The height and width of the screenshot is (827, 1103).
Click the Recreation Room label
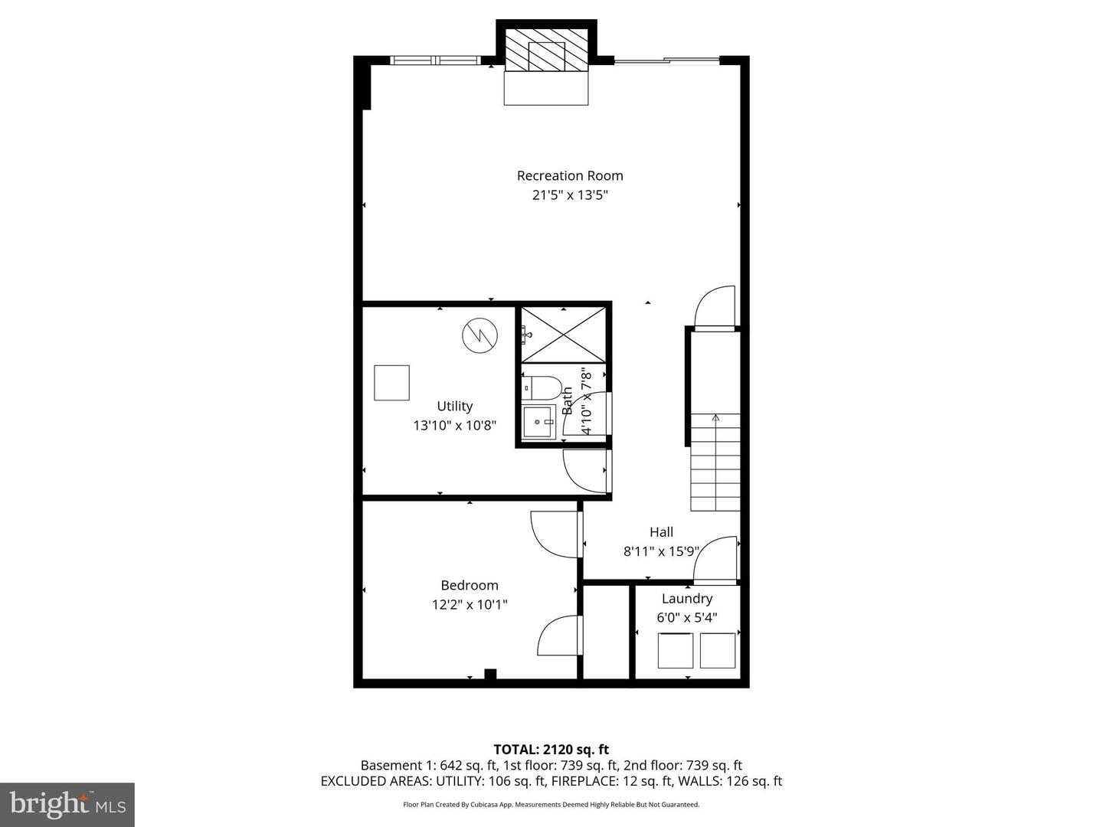coord(570,175)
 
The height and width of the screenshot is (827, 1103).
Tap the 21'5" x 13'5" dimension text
coord(570,195)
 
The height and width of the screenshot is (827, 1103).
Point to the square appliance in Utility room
coord(391,383)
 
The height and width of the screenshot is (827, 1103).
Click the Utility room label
coord(454,406)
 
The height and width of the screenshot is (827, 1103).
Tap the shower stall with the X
coord(564,335)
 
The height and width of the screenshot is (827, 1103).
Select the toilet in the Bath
coord(542,387)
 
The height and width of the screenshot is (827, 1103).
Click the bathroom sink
coord(539,422)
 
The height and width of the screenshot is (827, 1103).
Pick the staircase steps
coord(715,463)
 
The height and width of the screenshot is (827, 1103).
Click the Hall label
coord(661,532)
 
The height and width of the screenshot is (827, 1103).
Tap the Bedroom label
coord(469,585)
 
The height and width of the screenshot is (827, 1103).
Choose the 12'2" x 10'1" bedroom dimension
coord(469,605)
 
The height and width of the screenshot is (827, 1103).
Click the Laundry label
coord(686,599)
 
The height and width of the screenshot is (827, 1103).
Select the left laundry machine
coord(675,650)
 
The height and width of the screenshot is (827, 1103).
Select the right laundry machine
coord(717,650)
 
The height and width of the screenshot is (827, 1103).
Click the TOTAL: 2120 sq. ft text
coord(551,749)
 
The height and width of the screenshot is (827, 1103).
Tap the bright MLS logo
coord(67,804)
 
